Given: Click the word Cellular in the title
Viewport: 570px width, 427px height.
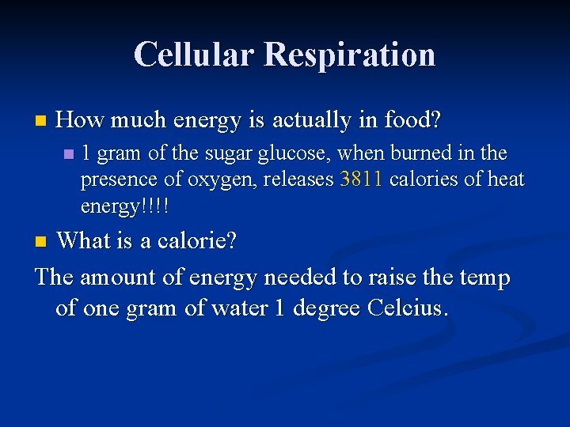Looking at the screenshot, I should point(194,55).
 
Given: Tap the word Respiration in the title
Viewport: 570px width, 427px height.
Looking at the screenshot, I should point(350,55).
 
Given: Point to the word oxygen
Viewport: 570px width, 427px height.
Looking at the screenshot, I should point(221,179).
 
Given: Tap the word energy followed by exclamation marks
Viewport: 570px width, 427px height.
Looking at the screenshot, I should point(124,206).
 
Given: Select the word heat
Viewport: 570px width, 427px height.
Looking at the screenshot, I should point(505,179).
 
